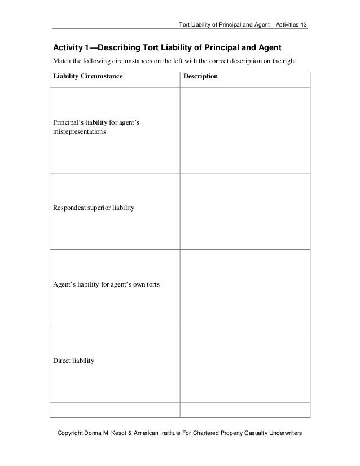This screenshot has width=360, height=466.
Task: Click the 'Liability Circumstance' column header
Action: coord(87,76)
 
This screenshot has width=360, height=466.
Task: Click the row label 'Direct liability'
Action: coord(74,359)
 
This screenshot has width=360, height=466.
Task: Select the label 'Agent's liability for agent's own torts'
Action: coord(106,284)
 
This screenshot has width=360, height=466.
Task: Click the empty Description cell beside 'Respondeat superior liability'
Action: coord(244,211)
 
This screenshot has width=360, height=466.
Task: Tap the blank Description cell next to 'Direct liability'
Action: coord(244,363)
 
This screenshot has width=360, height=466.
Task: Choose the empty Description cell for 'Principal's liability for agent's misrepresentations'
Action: coord(244,130)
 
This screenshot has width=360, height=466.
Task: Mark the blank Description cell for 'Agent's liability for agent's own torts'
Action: coord(244,287)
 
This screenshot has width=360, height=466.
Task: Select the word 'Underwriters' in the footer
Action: coord(283,433)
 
